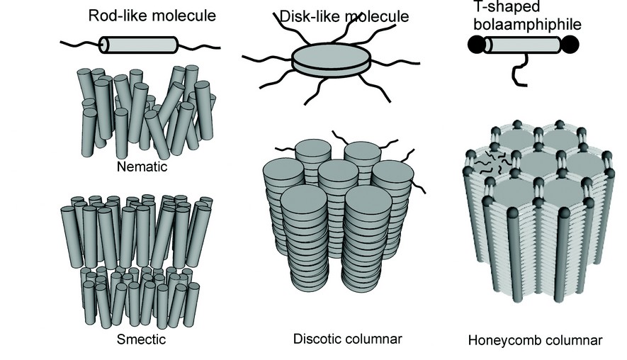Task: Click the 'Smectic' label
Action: tap(142, 339)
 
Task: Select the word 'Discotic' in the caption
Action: tap(315, 339)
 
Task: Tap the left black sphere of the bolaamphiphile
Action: tap(476, 45)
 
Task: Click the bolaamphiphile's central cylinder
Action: tap(523, 45)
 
